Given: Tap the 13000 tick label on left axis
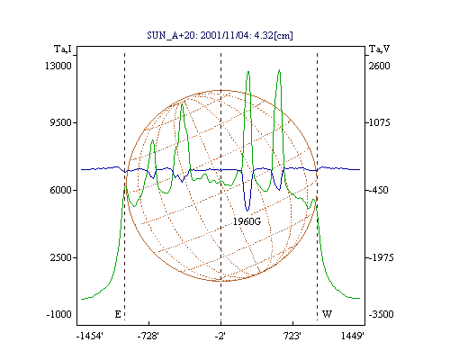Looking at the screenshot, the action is (58, 66).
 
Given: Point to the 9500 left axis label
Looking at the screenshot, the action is (60, 122).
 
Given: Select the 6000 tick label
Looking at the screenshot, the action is (60, 190).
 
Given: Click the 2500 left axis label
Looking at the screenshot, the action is (61, 257).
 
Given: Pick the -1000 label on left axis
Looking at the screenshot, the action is (59, 314).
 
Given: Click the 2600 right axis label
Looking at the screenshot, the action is (380, 66).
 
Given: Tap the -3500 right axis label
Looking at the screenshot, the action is (381, 314).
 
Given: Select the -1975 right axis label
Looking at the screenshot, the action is (381, 257).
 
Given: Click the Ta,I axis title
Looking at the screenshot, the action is (63, 49).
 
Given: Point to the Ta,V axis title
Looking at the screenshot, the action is (380, 49).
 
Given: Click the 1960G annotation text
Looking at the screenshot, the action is (247, 221).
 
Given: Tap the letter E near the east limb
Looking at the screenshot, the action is (118, 314).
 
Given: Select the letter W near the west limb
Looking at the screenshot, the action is (327, 314).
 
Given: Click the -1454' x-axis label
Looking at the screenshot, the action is (90, 337).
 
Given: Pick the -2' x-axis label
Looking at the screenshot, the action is (220, 337).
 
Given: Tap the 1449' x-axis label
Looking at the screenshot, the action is (353, 337).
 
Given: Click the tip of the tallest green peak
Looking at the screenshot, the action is (279, 70).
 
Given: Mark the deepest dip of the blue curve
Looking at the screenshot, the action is (247, 211).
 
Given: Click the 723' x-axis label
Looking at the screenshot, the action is (292, 337).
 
